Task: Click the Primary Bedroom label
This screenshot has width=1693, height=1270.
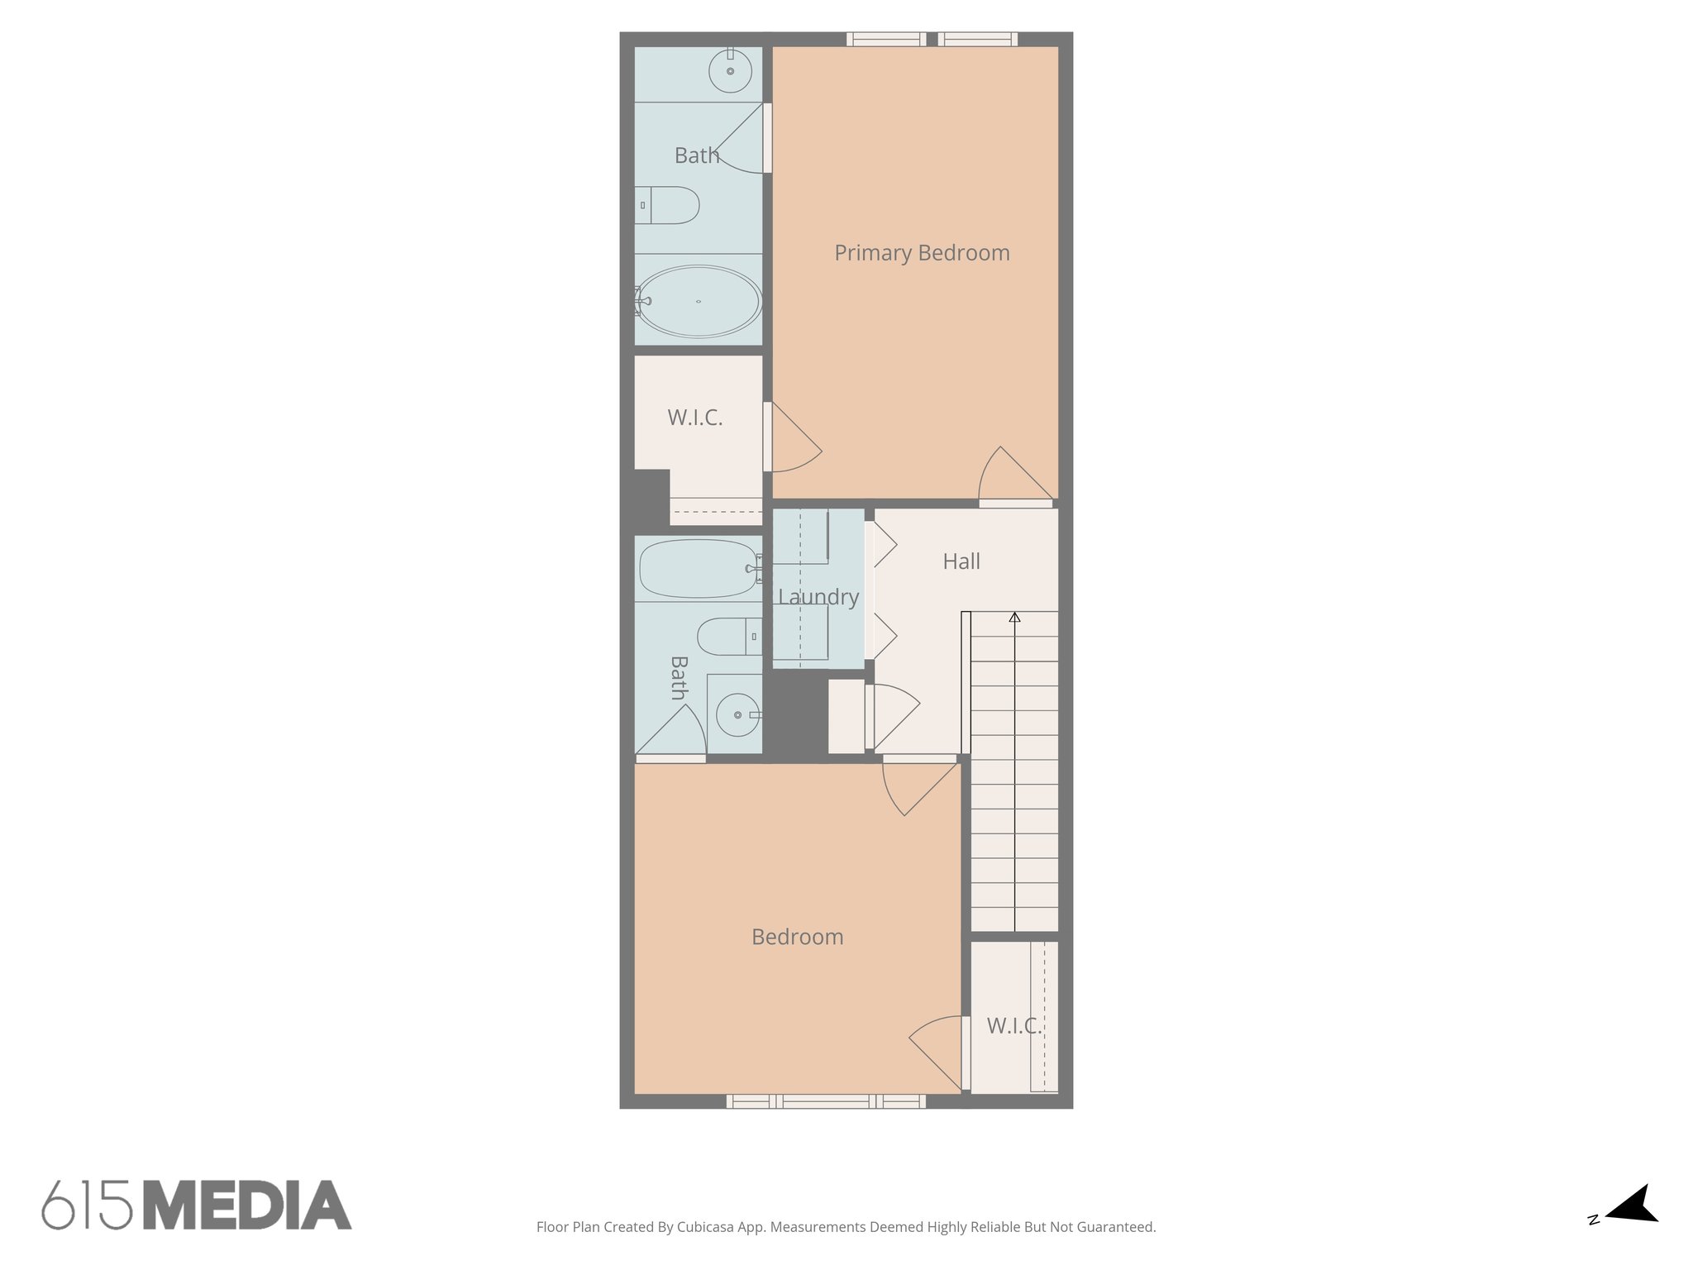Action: pyautogui.click(x=921, y=253)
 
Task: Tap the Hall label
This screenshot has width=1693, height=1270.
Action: pyautogui.click(x=961, y=562)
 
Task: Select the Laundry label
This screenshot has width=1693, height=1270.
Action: pyautogui.click(x=818, y=597)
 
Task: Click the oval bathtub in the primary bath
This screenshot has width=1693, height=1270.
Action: pyautogui.click(x=699, y=301)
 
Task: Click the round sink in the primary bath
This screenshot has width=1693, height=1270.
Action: pyautogui.click(x=731, y=71)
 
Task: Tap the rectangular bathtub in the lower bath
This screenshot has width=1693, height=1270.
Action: pyautogui.click(x=699, y=569)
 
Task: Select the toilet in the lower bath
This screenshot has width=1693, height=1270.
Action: pyautogui.click(x=728, y=637)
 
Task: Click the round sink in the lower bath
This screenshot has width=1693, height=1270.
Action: pyautogui.click(x=738, y=714)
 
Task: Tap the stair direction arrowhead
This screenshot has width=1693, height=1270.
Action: pyautogui.click(x=1014, y=617)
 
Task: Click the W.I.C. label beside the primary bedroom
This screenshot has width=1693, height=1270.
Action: pyautogui.click(x=695, y=418)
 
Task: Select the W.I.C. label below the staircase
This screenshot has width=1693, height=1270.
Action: pyautogui.click(x=1013, y=1026)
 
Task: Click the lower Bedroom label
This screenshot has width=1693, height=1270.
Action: pyautogui.click(x=797, y=937)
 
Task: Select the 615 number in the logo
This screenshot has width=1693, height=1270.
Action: pyautogui.click(x=88, y=1206)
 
